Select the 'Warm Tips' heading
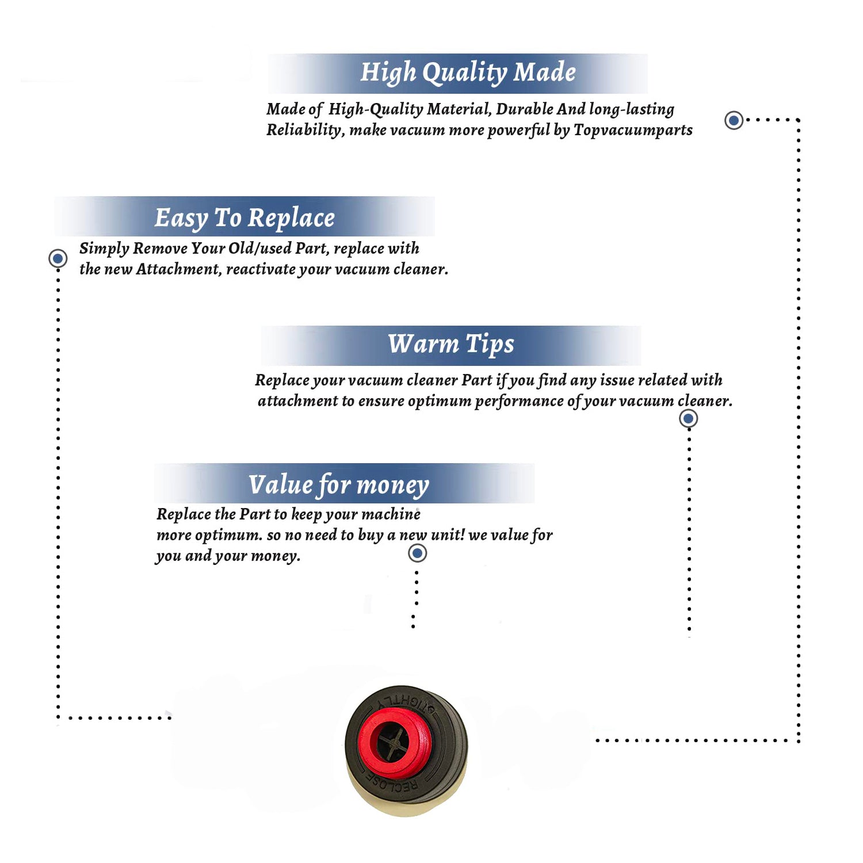(451, 344)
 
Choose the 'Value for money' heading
(339, 485)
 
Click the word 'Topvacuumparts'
(633, 130)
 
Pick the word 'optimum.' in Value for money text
(228, 536)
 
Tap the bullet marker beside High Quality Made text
(734, 120)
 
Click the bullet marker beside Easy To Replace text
(58, 258)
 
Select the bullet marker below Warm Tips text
(688, 418)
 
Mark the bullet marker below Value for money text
(417, 553)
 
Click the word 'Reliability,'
(306, 131)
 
